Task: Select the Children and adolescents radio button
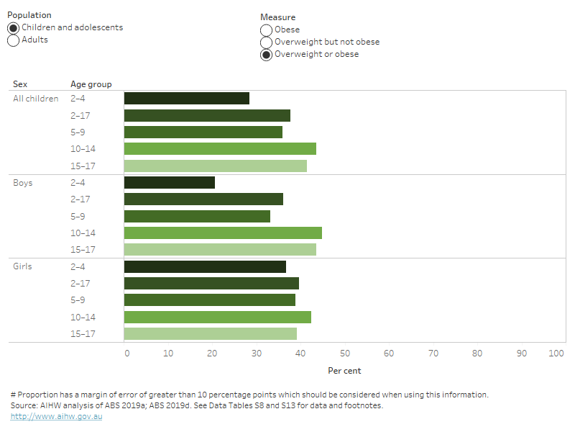(x=14, y=28)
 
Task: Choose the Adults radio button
(x=14, y=40)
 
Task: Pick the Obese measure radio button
(x=267, y=30)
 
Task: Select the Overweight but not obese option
(x=267, y=42)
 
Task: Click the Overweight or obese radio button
(x=267, y=55)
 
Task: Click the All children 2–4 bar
(x=187, y=99)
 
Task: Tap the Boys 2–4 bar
(x=170, y=183)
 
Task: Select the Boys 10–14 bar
(x=223, y=233)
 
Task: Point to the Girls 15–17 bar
(x=211, y=334)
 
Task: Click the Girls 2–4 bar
(x=205, y=267)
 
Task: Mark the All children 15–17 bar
(x=216, y=166)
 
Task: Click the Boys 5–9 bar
(x=197, y=216)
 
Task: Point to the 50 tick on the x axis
(x=345, y=354)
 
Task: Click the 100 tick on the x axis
(x=556, y=354)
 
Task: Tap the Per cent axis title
(x=344, y=371)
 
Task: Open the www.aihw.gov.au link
(x=56, y=416)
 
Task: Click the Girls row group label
(x=24, y=266)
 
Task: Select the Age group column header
(x=91, y=84)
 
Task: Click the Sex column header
(x=20, y=84)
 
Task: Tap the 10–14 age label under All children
(x=83, y=149)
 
